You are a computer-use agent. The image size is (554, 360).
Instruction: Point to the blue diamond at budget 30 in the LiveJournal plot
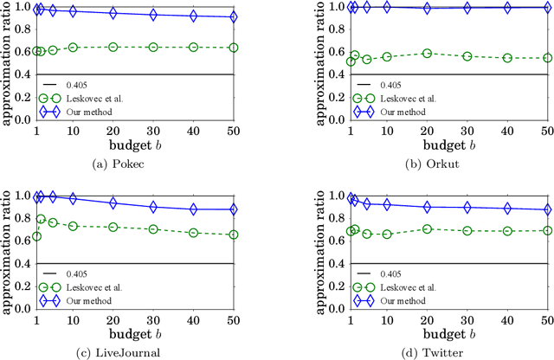coord(153,207)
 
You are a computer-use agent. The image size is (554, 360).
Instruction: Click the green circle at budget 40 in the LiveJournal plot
coord(193,233)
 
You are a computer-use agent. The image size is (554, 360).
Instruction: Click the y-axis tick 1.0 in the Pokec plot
coord(19,8)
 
